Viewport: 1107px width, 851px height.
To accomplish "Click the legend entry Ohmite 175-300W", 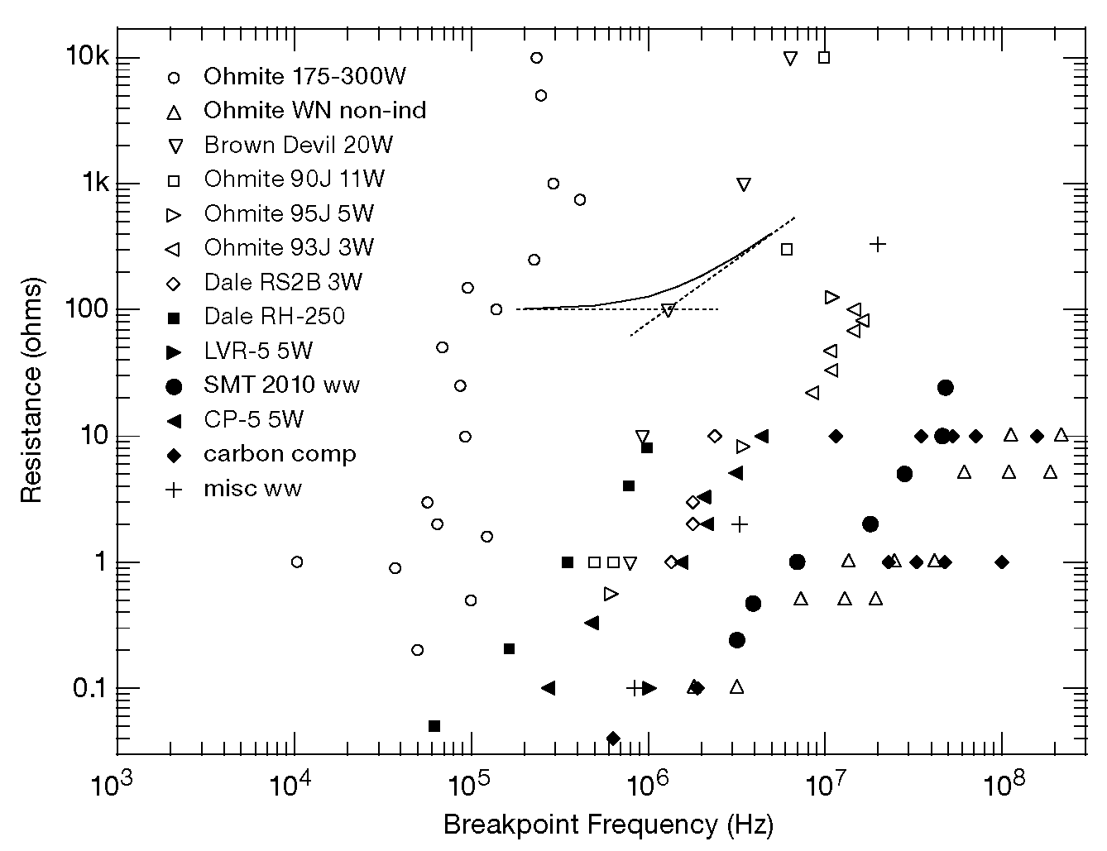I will point(304,77).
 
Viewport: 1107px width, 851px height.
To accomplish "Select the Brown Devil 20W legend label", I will point(298,146).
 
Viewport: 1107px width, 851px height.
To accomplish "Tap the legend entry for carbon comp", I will point(280,454).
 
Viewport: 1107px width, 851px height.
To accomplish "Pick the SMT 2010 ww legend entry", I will point(281,385).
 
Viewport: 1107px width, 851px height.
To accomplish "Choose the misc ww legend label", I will point(252,489).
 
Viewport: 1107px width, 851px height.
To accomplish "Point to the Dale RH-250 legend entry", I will point(274,316).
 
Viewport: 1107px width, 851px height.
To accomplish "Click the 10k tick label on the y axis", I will point(87,57).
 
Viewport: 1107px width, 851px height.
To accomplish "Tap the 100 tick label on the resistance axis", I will point(87,309).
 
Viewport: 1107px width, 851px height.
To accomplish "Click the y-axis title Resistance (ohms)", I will point(31,390).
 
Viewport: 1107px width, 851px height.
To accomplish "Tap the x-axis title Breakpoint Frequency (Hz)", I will point(608,825).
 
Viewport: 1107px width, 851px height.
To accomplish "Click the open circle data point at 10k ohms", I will point(536,58).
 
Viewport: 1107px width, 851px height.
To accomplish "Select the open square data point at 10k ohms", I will point(824,57).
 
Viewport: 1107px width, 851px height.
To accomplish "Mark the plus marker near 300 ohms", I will point(878,244).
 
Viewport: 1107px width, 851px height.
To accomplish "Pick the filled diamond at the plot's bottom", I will point(613,739).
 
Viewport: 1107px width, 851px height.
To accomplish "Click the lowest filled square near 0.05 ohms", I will point(434,726).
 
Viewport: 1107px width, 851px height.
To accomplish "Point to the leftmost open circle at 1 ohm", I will point(296,562).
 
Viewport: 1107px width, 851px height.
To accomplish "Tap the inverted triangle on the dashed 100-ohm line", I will point(669,310).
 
